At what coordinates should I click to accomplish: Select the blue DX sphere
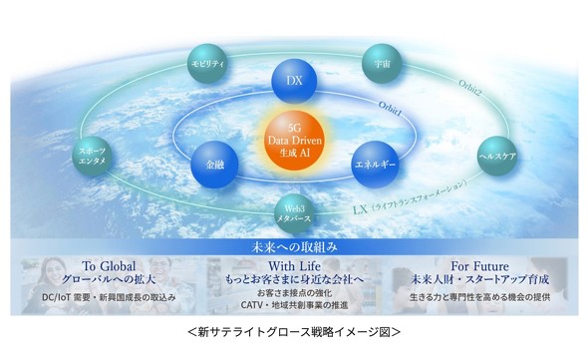click(x=294, y=78)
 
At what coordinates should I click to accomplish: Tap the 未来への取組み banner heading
click(x=294, y=245)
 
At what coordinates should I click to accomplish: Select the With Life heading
click(x=295, y=266)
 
